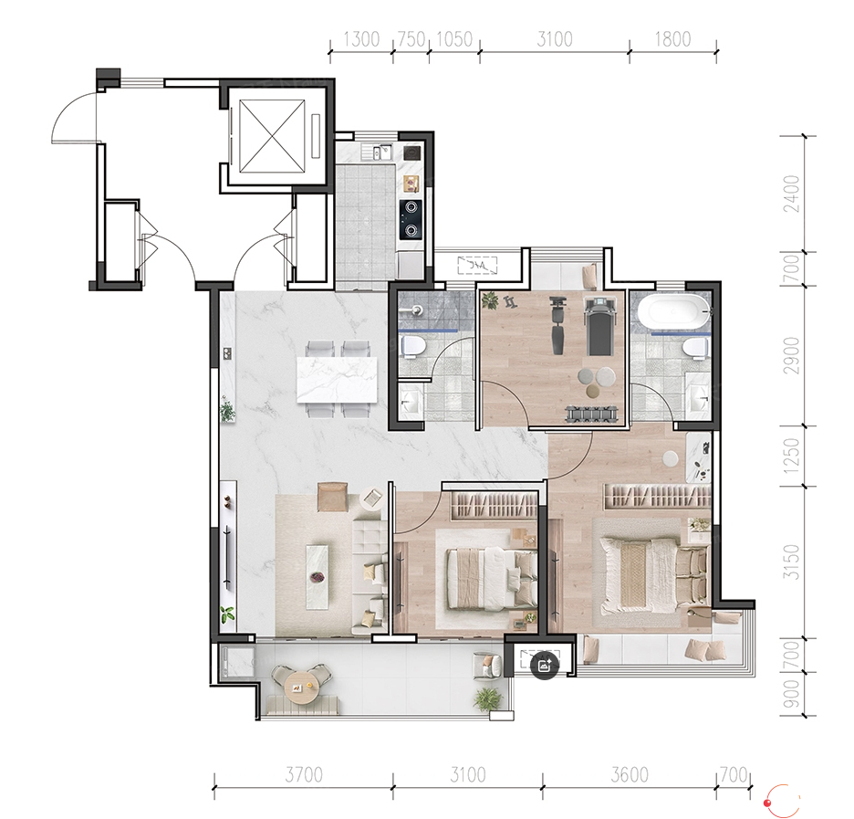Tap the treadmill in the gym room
tap(598, 325)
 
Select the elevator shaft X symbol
tap(272, 134)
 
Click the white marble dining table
tap(338, 380)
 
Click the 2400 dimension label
tap(793, 194)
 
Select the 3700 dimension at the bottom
tap(304, 774)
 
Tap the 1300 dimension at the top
tap(361, 39)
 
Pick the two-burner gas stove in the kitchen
tap(411, 220)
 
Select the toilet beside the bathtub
tap(695, 348)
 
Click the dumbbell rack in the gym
tap(592, 414)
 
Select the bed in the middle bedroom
tap(491, 579)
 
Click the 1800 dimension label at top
tap(672, 39)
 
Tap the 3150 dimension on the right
tap(793, 562)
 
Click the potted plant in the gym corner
tap(490, 300)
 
